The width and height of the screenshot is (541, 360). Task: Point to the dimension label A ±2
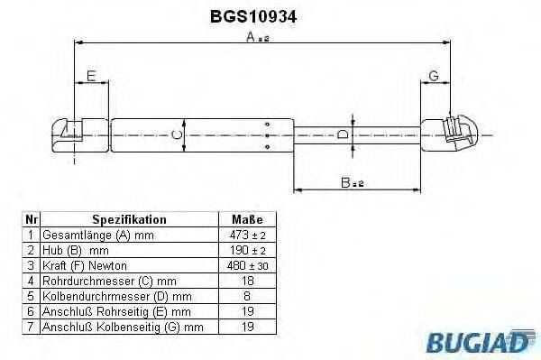[x=258, y=37]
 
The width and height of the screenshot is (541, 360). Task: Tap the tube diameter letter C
[x=177, y=136]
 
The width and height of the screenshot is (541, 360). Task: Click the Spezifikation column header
[x=129, y=219]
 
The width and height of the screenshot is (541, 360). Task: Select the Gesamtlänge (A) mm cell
[x=94, y=234]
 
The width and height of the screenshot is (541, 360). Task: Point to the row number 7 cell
[x=31, y=326]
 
